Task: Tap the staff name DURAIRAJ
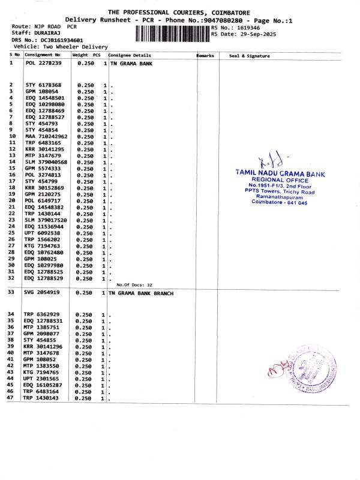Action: click(46, 34)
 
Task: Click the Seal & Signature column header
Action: click(250, 56)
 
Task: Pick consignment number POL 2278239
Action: click(43, 63)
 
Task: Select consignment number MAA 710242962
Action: click(46, 137)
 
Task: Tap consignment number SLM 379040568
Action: click(46, 163)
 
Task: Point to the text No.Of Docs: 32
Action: click(134, 285)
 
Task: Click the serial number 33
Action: click(11, 292)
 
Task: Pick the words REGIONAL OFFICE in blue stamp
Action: click(280, 179)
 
